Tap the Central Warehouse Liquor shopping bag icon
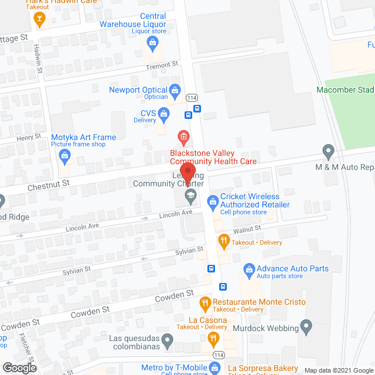point(152,42)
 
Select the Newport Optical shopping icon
point(175,90)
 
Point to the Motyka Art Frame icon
point(64,155)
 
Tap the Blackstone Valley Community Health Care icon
point(183,138)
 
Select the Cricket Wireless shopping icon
point(211,202)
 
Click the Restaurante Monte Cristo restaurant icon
point(205,303)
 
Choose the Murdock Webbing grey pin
point(306,325)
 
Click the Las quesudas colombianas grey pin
point(168,339)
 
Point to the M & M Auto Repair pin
point(329,152)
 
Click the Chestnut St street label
point(49,183)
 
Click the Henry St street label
point(29,137)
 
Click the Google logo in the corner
point(19,367)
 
